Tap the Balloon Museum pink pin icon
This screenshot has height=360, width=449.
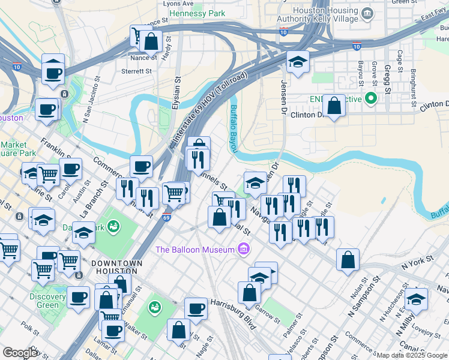click(243, 248)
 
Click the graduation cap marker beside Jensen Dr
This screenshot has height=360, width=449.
click(297, 62)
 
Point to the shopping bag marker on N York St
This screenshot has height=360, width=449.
click(348, 260)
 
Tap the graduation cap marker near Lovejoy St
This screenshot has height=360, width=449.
click(416, 299)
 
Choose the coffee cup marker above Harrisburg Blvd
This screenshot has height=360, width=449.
click(196, 309)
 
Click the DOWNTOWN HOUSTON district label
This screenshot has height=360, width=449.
click(117, 268)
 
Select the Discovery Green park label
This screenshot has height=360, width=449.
click(47, 301)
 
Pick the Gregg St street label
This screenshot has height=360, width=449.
click(387, 80)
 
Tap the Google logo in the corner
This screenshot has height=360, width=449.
click(20, 352)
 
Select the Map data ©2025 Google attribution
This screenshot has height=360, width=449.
click(412, 355)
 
